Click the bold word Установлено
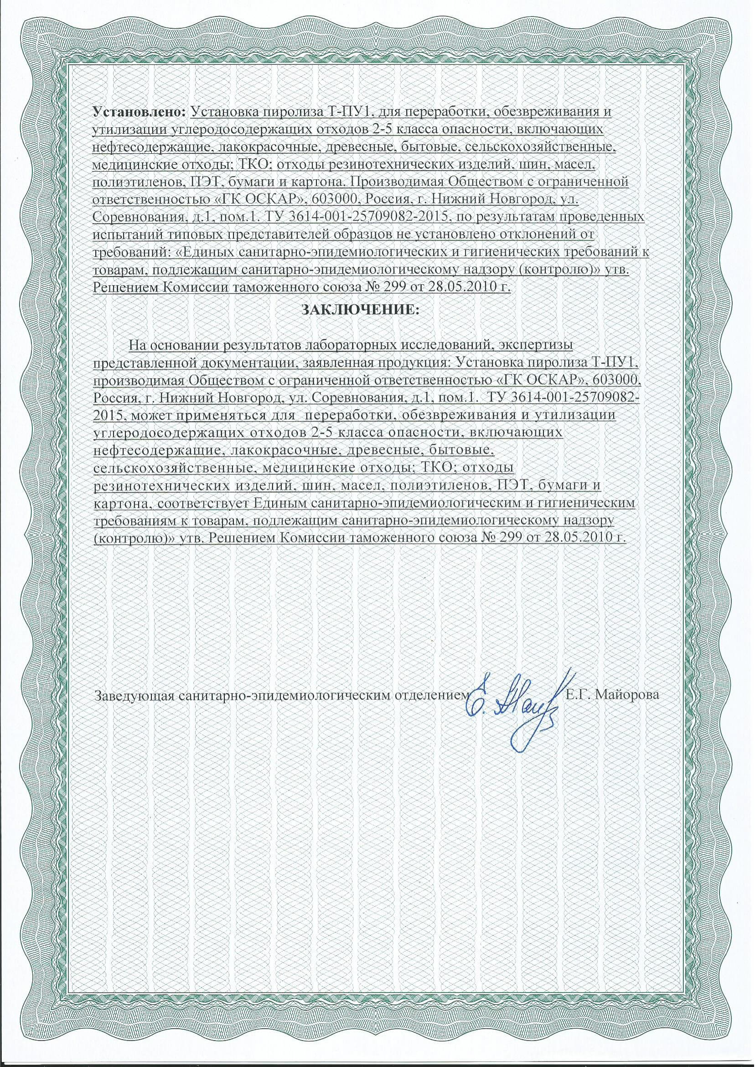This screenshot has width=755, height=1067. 140,113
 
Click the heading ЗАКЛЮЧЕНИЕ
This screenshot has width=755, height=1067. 360,310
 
